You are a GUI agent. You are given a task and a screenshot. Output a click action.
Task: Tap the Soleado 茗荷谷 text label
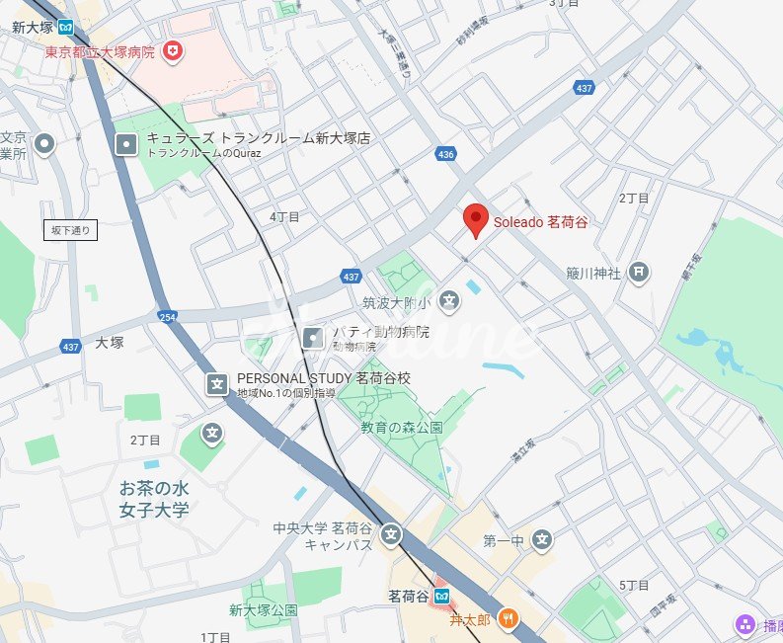pos(541,222)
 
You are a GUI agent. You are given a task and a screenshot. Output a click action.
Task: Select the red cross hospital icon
pos(173,49)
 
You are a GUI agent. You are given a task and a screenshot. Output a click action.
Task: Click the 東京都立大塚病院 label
pos(99,50)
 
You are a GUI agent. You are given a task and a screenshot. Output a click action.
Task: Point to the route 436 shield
pos(445,154)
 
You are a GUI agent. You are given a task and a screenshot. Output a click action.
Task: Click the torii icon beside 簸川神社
pos(639,272)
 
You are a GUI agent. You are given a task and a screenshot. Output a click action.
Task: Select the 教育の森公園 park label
pos(401,428)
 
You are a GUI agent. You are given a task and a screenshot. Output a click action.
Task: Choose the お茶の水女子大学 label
pos(154,499)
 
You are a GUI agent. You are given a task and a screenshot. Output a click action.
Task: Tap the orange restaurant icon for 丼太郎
pos(507,619)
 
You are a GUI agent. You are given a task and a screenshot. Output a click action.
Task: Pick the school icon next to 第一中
pos(540,539)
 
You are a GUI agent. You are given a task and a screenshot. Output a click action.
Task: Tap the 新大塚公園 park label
pos(264,609)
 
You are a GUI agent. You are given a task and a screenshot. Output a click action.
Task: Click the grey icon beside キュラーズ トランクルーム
pos(126,145)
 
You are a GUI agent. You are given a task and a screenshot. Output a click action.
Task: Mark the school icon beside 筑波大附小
pos(449,299)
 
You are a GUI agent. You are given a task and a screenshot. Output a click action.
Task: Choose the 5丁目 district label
pos(634,586)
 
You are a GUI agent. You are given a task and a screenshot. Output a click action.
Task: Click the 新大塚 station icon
pos(65,27)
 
